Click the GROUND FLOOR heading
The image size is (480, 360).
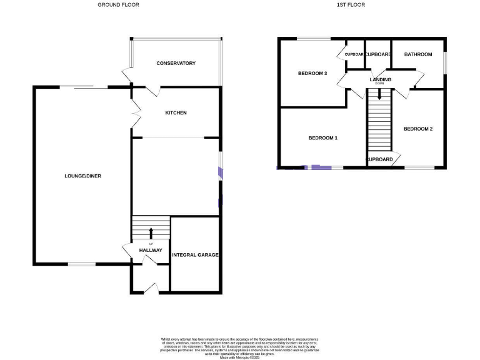(118, 5)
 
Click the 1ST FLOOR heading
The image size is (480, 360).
(351, 5)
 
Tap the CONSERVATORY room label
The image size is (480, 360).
(176, 63)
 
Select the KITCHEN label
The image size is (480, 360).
(176, 113)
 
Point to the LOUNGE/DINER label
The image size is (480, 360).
(82, 176)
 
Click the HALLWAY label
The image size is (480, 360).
(151, 251)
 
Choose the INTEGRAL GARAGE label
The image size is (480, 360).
(196, 255)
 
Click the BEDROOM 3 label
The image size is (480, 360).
(312, 73)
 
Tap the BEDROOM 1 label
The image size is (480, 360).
(323, 138)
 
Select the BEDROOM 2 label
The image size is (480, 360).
(418, 129)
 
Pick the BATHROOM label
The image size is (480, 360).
(417, 54)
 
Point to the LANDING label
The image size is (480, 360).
(380, 80)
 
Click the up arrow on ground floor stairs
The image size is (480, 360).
(151, 234)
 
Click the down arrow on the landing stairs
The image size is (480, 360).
(379, 95)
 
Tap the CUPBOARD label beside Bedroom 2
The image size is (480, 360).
(379, 159)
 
